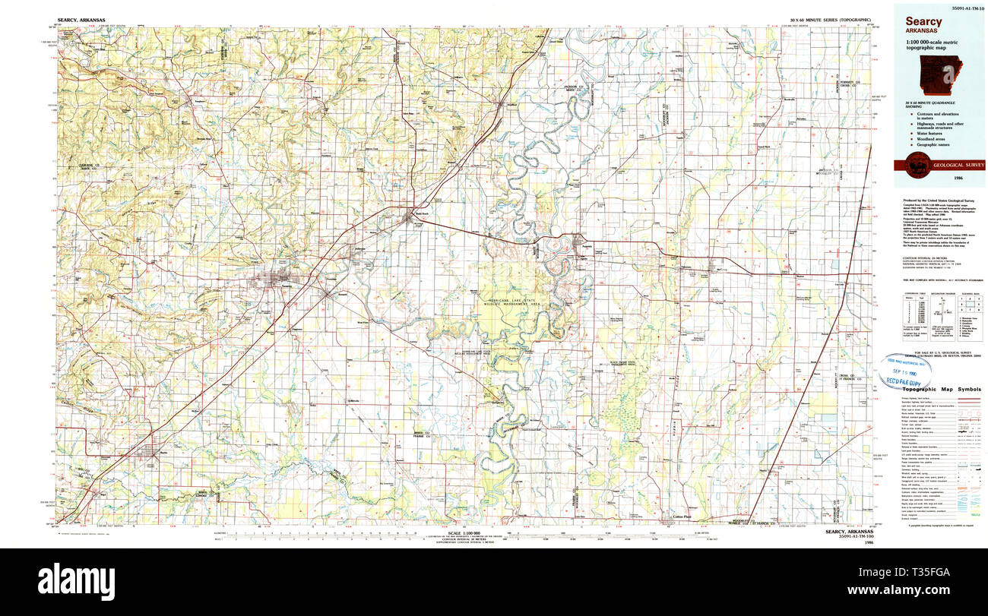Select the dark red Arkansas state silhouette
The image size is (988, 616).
941,76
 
